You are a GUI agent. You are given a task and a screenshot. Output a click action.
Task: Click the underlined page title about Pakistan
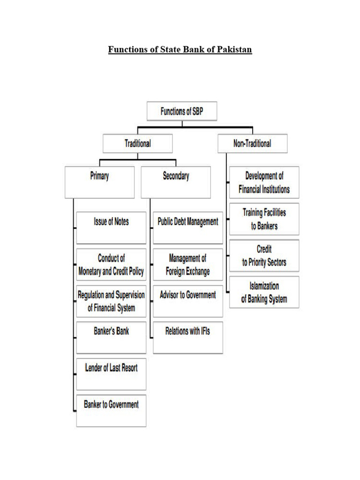point(180,50)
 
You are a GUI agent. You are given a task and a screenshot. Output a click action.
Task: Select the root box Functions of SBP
point(182,112)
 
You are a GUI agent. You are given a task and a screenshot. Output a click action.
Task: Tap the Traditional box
point(137,143)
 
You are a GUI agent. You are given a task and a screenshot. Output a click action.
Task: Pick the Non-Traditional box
point(252,143)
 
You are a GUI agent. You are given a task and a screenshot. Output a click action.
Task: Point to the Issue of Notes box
point(111,227)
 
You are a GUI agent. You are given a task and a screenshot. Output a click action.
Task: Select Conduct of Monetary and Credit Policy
point(111,265)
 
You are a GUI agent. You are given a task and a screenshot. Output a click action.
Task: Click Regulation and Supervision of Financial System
point(111,301)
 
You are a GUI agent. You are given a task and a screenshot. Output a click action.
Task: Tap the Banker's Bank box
point(111,337)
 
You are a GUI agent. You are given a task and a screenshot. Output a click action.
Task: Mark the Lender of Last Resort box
point(111,374)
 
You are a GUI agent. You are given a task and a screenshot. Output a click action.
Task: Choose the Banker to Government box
point(111,410)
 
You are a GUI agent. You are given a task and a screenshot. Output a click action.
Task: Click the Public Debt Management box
point(187,227)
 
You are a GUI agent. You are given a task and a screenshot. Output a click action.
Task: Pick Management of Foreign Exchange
point(187,265)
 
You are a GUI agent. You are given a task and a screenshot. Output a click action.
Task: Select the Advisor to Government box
point(187,301)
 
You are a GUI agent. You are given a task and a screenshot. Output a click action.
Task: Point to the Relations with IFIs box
point(187,337)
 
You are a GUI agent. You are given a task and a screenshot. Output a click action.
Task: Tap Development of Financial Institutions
point(264,182)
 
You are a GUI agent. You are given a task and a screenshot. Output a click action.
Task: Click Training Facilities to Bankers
point(264,219)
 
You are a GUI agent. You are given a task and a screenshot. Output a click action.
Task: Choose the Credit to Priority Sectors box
point(264,255)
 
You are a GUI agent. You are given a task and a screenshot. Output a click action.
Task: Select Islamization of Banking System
point(264,292)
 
